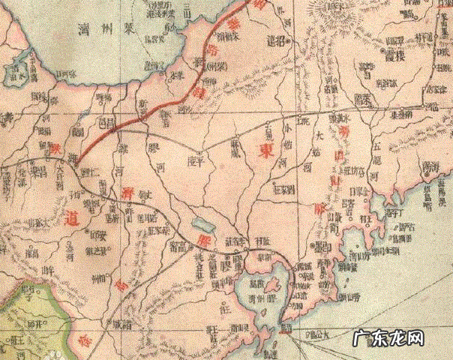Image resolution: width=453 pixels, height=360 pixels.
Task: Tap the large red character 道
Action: [x=73, y=218]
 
